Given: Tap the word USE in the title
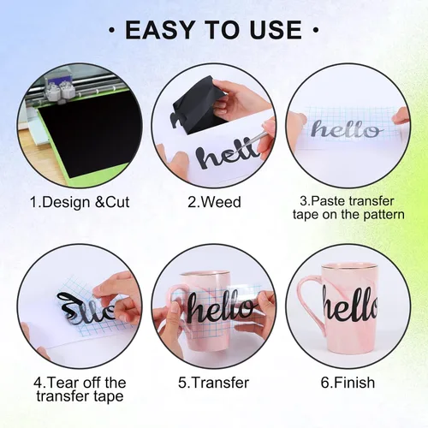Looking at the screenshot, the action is click(276, 29).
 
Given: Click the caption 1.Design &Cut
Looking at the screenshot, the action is click(80, 202).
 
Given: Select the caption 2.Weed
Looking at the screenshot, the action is click(214, 202).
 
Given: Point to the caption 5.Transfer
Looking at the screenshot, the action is click(214, 383).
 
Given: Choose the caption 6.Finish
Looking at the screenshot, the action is click(348, 383).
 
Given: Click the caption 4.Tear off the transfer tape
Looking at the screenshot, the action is click(80, 389).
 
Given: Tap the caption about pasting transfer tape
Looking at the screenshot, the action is click(348, 208).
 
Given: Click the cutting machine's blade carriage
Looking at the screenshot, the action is click(60, 89).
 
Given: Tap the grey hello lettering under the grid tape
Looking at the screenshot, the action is click(347, 131).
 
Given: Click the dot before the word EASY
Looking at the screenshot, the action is click(112, 29).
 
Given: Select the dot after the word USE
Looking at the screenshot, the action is click(316, 29).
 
